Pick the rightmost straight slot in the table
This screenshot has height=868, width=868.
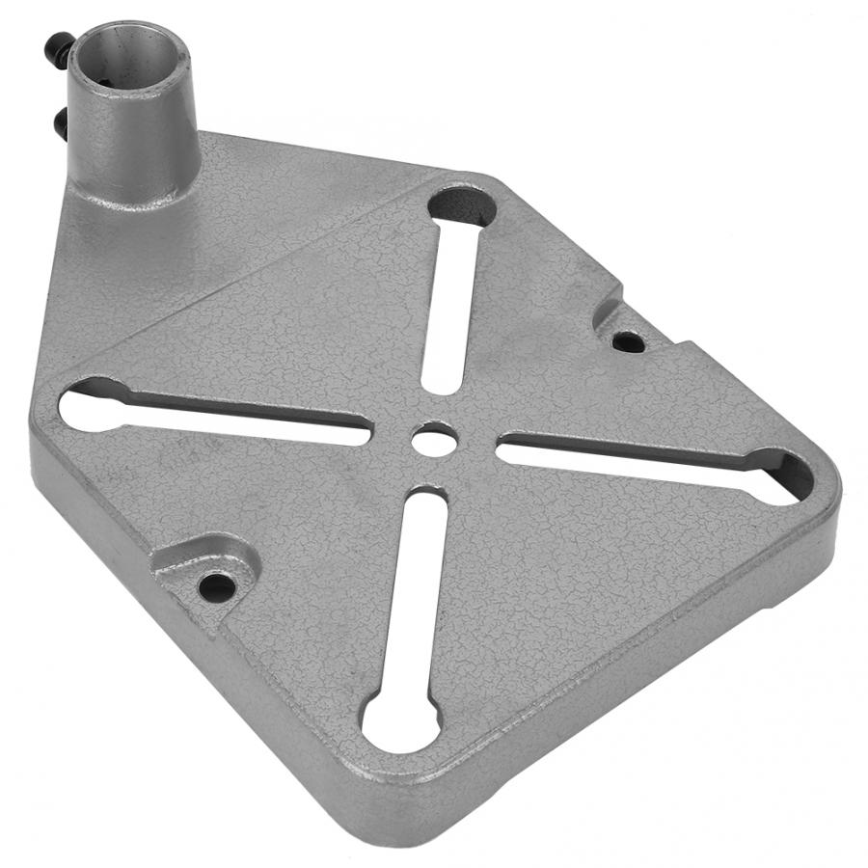point(637,461)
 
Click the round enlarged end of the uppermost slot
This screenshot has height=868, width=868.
point(462,205)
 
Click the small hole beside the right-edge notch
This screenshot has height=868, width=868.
point(627,340)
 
